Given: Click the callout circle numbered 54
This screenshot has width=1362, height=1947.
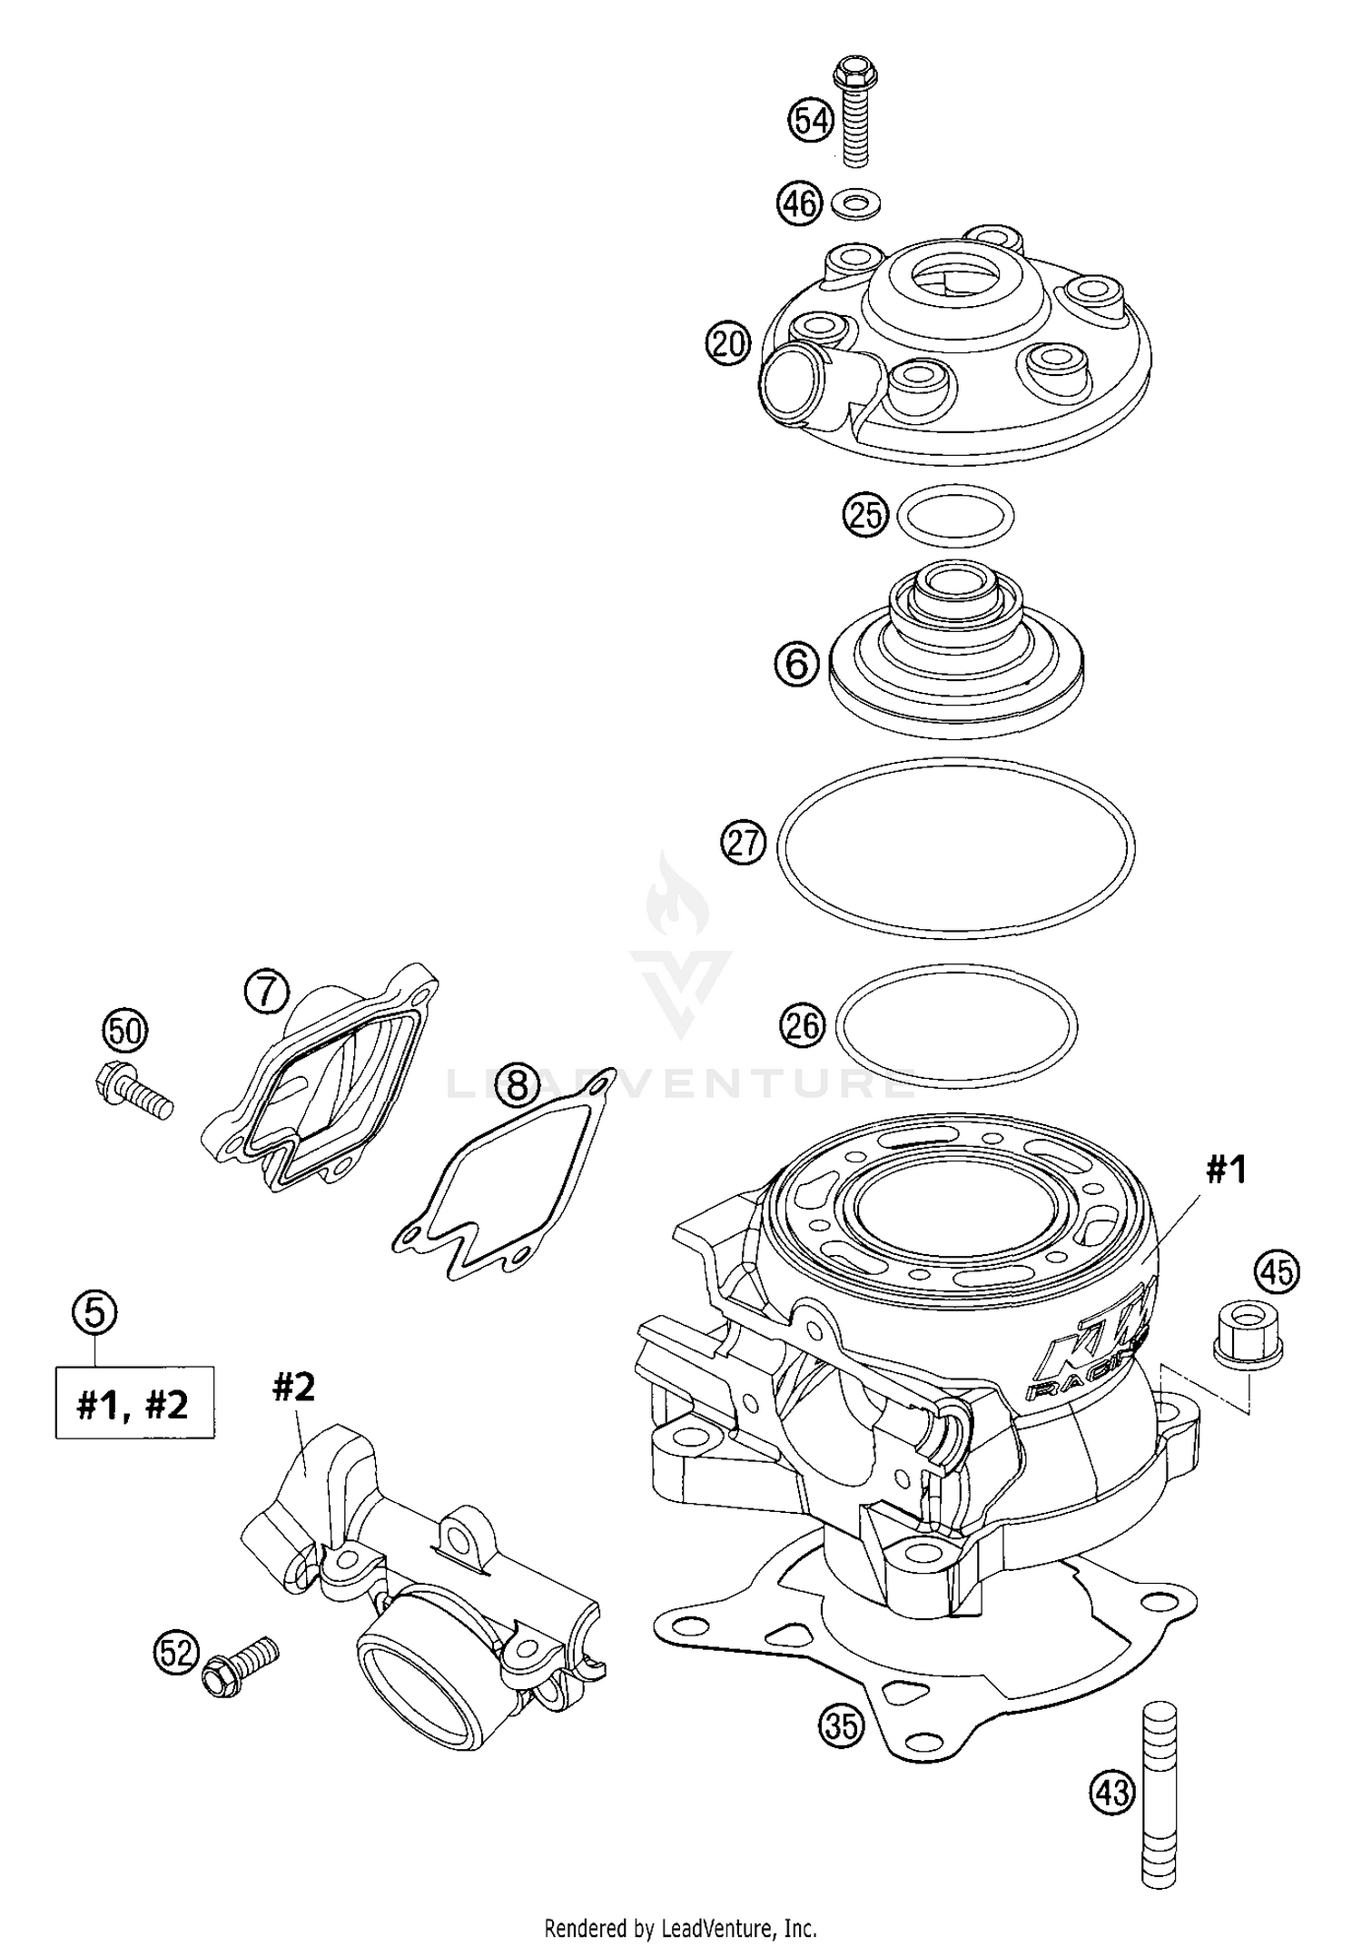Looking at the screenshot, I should point(810,120).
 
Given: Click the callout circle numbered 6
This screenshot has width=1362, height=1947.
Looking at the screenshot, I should point(797,664).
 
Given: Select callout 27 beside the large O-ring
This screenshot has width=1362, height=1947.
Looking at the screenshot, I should point(744,844).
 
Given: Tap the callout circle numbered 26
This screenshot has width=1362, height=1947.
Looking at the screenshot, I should point(802,1027).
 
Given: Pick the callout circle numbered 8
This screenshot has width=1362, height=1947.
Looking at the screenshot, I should point(517,1083).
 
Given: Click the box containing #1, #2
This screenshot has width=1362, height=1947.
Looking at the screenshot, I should point(134,1403).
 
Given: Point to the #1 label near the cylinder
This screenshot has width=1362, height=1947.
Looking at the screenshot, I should point(1226,1171).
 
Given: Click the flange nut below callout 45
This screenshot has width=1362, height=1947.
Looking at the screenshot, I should point(1249,1333).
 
